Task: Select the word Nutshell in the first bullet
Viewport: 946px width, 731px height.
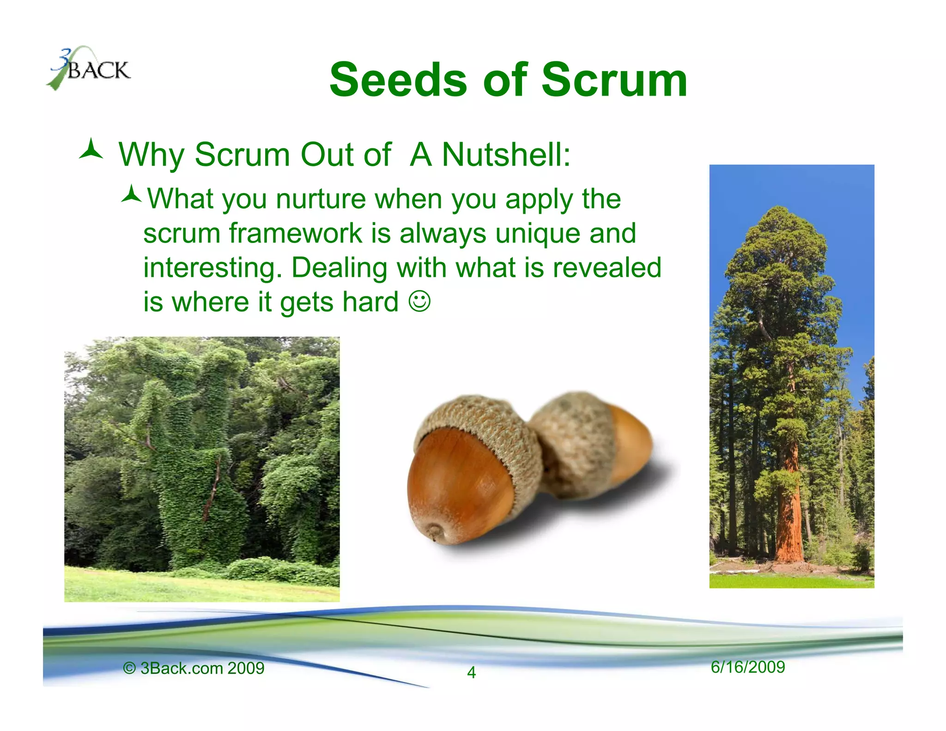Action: pyautogui.click(x=506, y=154)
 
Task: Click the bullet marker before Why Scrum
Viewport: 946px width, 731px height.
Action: pyautogui.click(x=91, y=150)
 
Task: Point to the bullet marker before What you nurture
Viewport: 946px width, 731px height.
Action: pyautogui.click(x=131, y=194)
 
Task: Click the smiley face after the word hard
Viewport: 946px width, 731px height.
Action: pyautogui.click(x=419, y=301)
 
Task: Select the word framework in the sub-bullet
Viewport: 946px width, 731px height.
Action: pyautogui.click(x=296, y=233)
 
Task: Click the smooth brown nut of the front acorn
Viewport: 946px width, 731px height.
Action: pyautogui.click(x=457, y=485)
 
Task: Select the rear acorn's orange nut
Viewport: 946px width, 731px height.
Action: pyautogui.click(x=633, y=444)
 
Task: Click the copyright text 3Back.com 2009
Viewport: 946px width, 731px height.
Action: pyautogui.click(x=194, y=668)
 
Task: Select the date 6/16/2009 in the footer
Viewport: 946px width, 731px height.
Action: pyautogui.click(x=747, y=667)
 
